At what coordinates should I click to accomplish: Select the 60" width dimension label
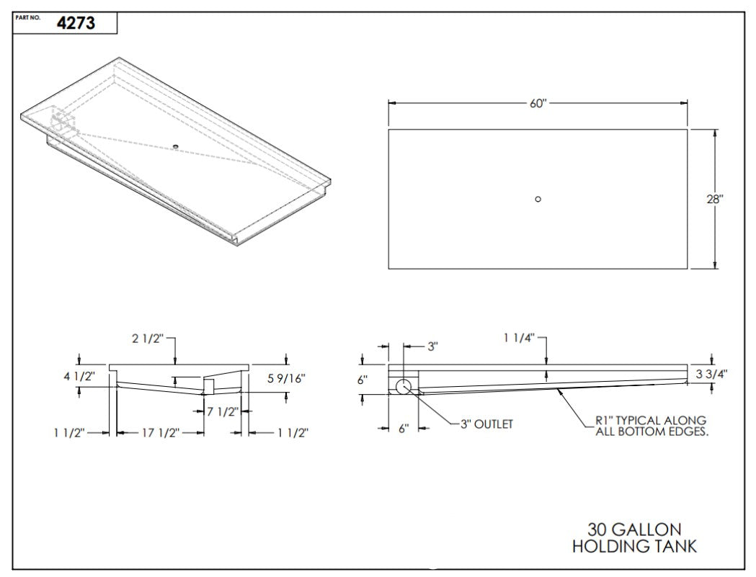click(x=538, y=103)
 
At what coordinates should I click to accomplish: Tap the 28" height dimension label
click(x=714, y=200)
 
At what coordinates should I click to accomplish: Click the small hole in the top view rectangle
click(x=538, y=200)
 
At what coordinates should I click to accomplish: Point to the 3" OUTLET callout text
click(x=487, y=424)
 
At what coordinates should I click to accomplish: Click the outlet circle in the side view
click(x=403, y=386)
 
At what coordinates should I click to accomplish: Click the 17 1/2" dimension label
click(x=159, y=432)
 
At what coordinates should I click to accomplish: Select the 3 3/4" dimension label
click(x=713, y=374)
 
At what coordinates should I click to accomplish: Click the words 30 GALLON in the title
click(x=634, y=529)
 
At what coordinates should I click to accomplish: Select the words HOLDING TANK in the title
click(x=634, y=547)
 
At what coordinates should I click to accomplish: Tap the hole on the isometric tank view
click(x=175, y=147)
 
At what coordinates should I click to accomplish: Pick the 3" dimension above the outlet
click(x=432, y=346)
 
